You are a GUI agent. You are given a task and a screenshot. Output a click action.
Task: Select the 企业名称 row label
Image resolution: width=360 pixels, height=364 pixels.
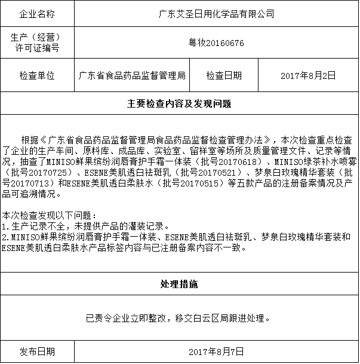[37, 13]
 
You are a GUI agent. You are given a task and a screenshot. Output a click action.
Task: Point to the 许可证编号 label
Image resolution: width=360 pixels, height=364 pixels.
[37, 48]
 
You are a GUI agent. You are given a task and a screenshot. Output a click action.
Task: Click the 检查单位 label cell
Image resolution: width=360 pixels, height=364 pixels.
[37, 76]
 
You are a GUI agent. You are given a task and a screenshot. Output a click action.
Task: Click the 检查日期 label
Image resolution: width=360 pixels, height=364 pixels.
[224, 76]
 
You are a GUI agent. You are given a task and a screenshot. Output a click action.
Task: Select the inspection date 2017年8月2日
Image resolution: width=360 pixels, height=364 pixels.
[307, 76]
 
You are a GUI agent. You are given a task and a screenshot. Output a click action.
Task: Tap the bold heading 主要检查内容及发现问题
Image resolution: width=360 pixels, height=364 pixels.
[179, 103]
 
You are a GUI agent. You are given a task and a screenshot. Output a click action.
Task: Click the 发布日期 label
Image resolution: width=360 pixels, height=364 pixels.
[37, 351]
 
